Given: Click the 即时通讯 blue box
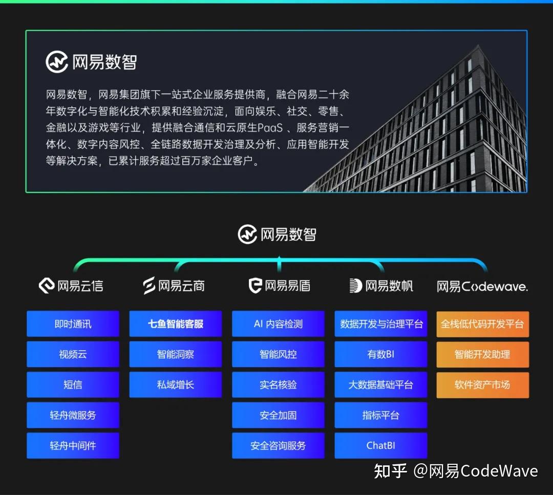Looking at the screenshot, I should pyautogui.click(x=73, y=324).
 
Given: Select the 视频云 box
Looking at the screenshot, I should pyautogui.click(x=73, y=354).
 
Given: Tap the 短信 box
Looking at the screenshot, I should pyautogui.click(x=73, y=384).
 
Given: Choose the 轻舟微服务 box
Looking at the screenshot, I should pyautogui.click(x=73, y=415).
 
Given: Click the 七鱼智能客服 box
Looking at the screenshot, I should pyautogui.click(x=176, y=324).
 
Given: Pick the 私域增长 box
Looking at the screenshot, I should pyautogui.click(x=176, y=384).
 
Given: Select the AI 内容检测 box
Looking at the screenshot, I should pyautogui.click(x=278, y=324).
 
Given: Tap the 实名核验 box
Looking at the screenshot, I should pyautogui.click(x=278, y=384).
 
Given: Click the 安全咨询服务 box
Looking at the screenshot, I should pyautogui.click(x=278, y=445).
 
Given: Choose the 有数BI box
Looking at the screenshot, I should pyautogui.click(x=381, y=354).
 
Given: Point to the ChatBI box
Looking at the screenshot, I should pyautogui.click(x=381, y=445).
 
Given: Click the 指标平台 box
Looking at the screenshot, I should pyautogui.click(x=381, y=415).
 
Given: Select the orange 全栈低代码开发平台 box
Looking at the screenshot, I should pyautogui.click(x=482, y=324).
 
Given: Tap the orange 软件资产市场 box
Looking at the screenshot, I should pyautogui.click(x=482, y=384).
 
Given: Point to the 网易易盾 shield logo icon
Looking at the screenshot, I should pyautogui.click(x=255, y=286).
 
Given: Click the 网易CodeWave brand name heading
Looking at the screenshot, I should pyautogui.click(x=482, y=287).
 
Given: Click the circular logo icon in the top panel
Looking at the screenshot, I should pyautogui.click(x=56, y=62).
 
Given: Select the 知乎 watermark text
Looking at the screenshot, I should pyautogui.click(x=390, y=471).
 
